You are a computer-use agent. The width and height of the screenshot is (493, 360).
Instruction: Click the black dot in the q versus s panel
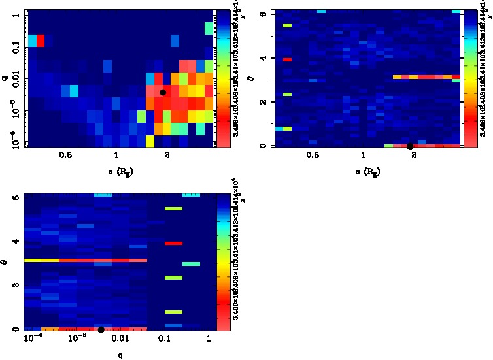(163, 92)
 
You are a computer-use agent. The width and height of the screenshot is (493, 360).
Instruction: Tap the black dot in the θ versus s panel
(410, 146)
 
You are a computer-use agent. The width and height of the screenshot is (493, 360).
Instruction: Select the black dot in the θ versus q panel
(101, 330)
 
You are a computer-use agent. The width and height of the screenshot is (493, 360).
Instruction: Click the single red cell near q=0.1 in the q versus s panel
(41, 41)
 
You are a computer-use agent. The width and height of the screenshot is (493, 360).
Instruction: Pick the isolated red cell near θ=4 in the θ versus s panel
(287, 59)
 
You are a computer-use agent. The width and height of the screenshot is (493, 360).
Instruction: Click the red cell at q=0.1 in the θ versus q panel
(173, 243)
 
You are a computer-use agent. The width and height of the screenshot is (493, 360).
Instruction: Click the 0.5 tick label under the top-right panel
(313, 157)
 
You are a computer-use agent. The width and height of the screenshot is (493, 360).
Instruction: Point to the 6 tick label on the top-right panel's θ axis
(262, 13)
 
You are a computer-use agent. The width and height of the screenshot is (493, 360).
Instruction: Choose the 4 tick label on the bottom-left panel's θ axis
(15, 242)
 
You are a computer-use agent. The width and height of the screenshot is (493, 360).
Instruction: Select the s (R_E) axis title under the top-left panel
(118, 171)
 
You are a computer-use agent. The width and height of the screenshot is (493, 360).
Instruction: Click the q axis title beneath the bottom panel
(120, 356)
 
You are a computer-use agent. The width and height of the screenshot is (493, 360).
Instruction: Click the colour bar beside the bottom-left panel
(223, 261)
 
